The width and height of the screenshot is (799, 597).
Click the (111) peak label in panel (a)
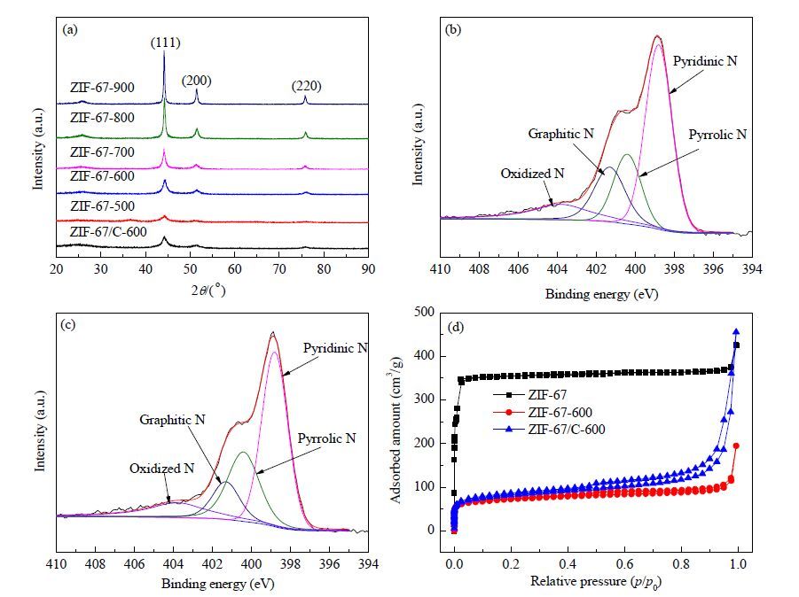(x=166, y=43)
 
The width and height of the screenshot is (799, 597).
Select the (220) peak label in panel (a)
(x=306, y=86)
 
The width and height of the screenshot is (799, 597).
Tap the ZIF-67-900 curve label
(x=102, y=88)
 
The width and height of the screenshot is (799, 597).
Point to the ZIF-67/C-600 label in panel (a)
(x=108, y=232)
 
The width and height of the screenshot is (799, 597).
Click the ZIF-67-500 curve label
(x=102, y=206)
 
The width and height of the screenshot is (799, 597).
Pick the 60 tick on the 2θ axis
(x=234, y=268)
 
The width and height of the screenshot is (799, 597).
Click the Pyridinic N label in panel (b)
(x=705, y=61)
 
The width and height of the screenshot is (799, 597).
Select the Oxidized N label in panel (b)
(x=532, y=174)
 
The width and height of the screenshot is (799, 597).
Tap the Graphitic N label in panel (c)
(x=172, y=420)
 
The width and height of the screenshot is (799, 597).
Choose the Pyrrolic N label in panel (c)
(x=326, y=438)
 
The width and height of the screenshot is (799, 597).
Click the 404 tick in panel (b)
(x=557, y=268)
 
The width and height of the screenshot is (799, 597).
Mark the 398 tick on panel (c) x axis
(x=291, y=564)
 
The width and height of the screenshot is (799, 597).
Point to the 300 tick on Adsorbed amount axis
(x=424, y=399)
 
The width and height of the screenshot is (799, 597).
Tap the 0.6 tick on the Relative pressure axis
(x=624, y=564)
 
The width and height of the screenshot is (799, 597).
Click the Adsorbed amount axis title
(x=396, y=430)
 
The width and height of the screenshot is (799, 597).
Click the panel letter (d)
(x=455, y=327)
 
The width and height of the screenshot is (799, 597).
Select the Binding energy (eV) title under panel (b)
(x=602, y=294)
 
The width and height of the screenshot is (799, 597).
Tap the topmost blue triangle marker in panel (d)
(x=736, y=332)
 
